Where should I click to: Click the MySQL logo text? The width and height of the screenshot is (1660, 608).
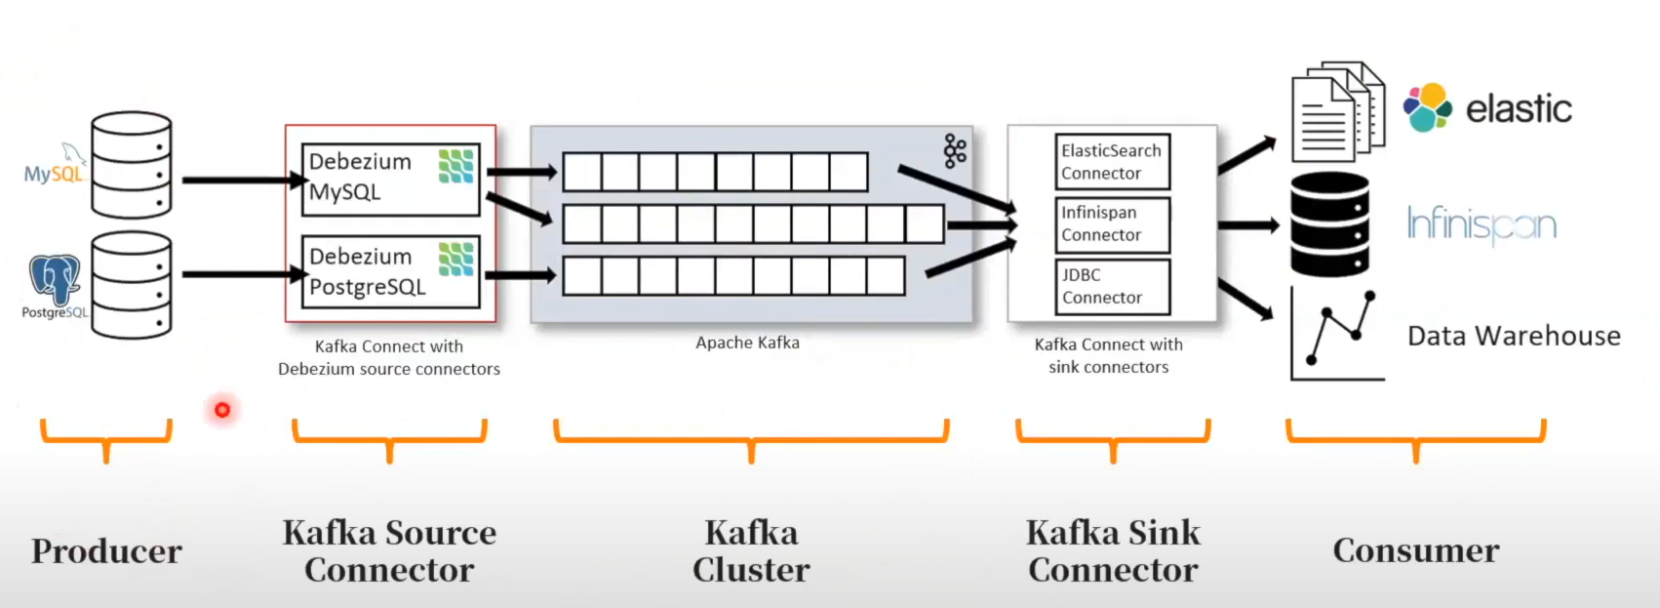[53, 174]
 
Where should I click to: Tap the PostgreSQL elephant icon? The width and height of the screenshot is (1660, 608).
[55, 279]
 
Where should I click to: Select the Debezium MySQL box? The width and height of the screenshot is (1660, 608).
[390, 178]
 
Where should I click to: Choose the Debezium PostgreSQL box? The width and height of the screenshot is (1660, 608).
[390, 271]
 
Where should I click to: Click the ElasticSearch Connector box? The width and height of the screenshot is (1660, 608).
[1112, 162]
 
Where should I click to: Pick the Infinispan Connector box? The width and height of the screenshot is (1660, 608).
[1112, 224]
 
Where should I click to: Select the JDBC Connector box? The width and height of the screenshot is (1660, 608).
[1112, 286]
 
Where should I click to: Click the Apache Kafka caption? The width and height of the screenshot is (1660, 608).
[747, 343]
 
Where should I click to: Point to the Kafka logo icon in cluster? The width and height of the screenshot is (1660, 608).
[955, 151]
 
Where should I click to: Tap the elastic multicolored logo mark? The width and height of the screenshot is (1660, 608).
[1428, 107]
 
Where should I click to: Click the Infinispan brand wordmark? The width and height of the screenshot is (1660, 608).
[1481, 225]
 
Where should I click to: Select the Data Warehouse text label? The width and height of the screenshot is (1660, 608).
[1514, 336]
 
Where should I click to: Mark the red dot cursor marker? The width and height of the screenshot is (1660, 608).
[222, 410]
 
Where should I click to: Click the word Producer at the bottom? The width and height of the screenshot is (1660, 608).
[106, 551]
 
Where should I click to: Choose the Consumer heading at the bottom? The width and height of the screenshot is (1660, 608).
[1416, 550]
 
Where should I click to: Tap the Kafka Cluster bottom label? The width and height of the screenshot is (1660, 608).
[751, 551]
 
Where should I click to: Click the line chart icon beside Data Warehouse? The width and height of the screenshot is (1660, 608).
[1336, 334]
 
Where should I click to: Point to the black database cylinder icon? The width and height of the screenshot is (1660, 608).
[1329, 224]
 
